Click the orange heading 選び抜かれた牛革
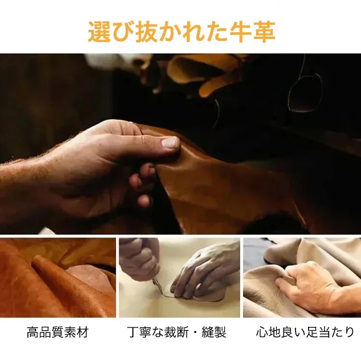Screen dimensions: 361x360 click(181, 32)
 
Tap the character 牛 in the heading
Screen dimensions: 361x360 click(240, 32)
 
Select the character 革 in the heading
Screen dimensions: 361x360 click(264, 32)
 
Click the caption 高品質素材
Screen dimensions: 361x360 click(58, 332)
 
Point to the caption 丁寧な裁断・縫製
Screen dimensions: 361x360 click(177, 332)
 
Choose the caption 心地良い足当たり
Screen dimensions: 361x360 click(305, 332)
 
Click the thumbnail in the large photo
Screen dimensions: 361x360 click(170, 143)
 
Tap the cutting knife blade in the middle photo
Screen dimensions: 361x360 click(159, 288)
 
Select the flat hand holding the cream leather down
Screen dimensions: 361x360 click(203, 274)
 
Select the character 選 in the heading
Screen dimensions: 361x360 click(100, 32)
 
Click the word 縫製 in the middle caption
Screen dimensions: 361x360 click(214, 332)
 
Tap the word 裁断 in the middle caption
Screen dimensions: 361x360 click(177, 332)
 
